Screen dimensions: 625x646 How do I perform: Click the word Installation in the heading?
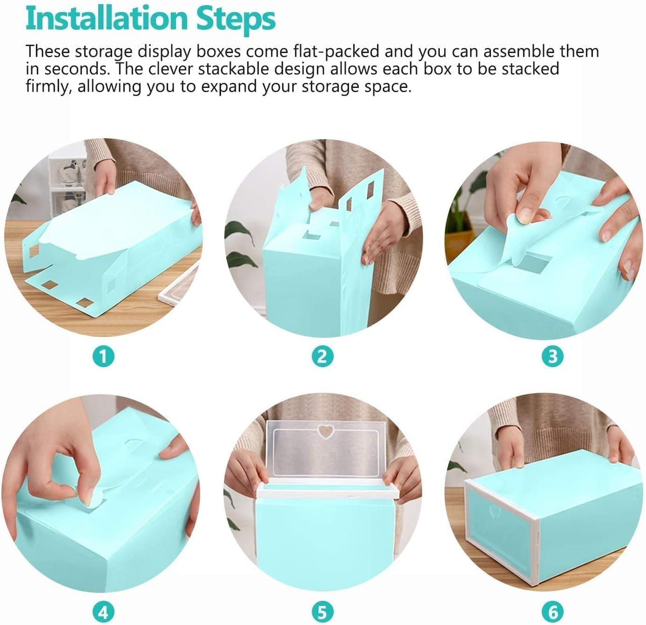106,19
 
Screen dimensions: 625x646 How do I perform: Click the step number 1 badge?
103,357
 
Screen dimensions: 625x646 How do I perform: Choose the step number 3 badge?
552,357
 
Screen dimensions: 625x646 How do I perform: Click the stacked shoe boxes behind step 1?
67,181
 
